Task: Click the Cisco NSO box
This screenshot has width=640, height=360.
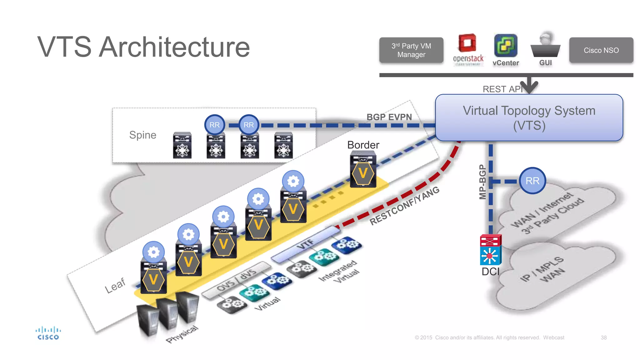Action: tap(601, 50)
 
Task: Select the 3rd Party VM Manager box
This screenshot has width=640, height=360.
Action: tap(411, 50)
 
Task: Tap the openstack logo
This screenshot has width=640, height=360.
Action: tap(467, 50)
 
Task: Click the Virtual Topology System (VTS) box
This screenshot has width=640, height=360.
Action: tap(529, 118)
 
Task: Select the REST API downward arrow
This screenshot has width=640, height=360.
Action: tap(529, 85)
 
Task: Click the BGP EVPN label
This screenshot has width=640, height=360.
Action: tap(389, 117)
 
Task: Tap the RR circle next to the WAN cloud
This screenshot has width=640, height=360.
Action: tap(532, 181)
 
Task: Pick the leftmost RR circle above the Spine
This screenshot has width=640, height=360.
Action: tap(214, 125)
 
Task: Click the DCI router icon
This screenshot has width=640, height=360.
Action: tap(490, 250)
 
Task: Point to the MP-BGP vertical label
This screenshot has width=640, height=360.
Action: tap(482, 182)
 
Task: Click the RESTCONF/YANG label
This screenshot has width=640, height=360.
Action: tap(404, 206)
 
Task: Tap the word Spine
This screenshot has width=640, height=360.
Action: tap(142, 135)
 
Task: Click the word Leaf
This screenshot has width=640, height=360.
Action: tap(115, 285)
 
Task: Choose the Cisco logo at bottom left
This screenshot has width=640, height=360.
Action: tap(48, 333)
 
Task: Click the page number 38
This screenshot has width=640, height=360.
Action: tap(603, 337)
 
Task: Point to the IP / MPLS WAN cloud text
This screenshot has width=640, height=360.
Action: tap(543, 269)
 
